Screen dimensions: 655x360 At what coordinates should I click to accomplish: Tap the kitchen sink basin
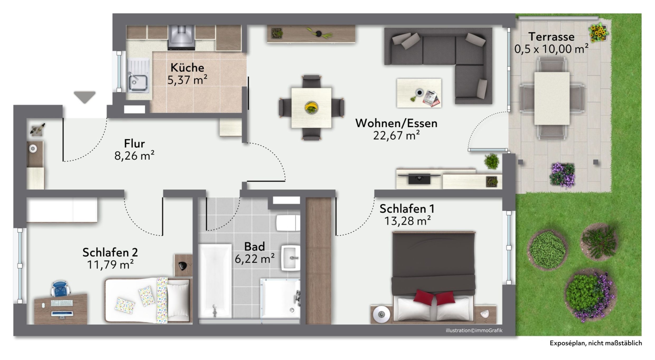click(138, 83)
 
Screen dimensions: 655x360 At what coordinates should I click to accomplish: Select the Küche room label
click(187, 68)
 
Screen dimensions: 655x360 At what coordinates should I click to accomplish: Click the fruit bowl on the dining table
click(311, 107)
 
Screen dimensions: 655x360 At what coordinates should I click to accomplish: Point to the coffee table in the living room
click(419, 93)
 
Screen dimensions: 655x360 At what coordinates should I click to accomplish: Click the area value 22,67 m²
click(396, 135)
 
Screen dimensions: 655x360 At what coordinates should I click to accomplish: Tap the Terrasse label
click(551, 37)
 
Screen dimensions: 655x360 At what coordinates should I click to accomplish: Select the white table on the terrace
click(552, 98)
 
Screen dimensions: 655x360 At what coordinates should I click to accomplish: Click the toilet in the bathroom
click(288, 223)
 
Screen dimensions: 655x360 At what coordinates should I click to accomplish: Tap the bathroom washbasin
click(291, 258)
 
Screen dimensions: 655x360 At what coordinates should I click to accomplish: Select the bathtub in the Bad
click(215, 281)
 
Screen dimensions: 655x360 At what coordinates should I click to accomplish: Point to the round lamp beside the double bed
click(381, 314)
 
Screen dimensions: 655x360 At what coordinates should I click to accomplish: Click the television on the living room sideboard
click(419, 179)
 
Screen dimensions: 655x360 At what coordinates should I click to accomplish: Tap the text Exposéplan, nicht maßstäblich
click(596, 343)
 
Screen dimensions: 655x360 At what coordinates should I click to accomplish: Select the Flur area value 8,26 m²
click(134, 156)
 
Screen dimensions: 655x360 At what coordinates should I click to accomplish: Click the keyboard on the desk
click(62, 303)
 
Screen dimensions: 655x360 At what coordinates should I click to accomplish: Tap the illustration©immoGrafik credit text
click(474, 330)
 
